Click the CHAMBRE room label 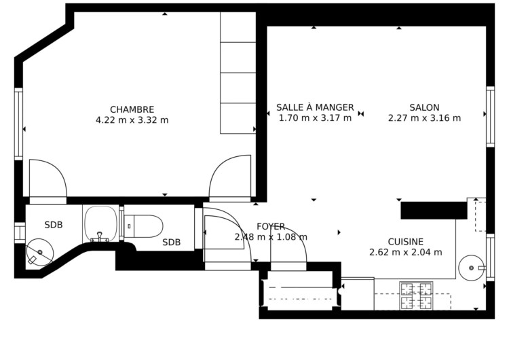132,109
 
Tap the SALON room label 424,107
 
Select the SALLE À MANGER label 315,107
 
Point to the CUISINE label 405,242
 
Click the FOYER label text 271,226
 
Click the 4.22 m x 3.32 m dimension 132,120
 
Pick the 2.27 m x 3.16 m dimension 424,118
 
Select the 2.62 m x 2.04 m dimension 405,252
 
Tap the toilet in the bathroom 144,226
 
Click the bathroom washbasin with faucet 100,224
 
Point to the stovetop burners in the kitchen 417,295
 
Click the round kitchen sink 472,268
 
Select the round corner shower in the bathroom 39,253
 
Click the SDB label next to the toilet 172,242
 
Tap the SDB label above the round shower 54,225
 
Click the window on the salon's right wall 490,117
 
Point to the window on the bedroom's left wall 18,124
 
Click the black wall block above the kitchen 434,211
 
